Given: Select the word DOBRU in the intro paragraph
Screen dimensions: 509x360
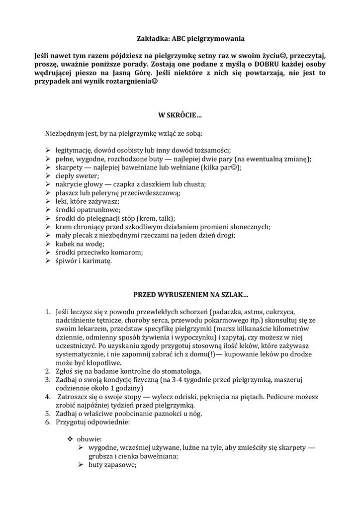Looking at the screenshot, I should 266,64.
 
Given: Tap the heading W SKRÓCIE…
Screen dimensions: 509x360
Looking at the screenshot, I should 180,116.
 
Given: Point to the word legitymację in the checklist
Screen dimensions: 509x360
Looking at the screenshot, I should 74,150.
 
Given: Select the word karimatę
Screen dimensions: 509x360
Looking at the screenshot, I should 97,260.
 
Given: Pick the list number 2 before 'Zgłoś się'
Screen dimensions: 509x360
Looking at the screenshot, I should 47,371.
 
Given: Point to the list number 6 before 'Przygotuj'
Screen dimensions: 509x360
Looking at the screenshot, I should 47,422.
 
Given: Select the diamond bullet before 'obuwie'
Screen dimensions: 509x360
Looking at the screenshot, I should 70,439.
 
